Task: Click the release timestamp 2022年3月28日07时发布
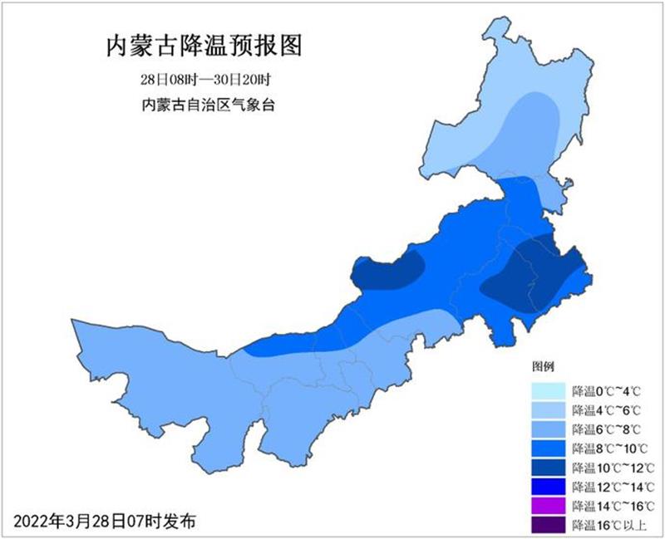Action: pyautogui.click(x=105, y=521)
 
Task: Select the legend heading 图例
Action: pyautogui.click(x=543, y=366)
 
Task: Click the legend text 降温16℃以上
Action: pyautogui.click(x=607, y=524)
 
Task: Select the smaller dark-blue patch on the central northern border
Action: pyautogui.click(x=387, y=270)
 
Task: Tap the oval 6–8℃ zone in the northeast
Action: pyautogui.click(x=532, y=133)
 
